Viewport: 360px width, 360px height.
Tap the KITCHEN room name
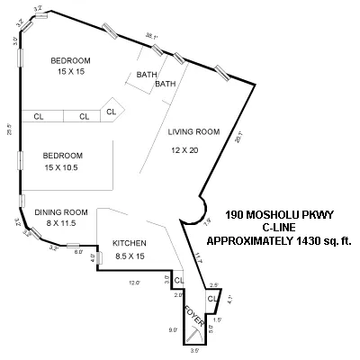click(x=130, y=244)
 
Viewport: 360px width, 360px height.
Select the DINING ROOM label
click(x=60, y=212)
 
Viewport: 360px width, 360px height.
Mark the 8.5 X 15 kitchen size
click(x=130, y=256)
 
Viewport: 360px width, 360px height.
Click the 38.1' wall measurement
click(x=152, y=37)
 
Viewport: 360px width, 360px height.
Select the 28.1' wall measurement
click(x=238, y=138)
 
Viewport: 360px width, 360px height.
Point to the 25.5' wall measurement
click(x=10, y=127)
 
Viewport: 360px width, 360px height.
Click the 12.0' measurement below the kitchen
click(x=134, y=283)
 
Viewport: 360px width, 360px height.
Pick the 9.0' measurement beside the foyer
click(x=172, y=329)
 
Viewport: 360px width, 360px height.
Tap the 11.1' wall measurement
click(x=199, y=258)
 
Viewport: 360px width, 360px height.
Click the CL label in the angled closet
click(x=111, y=112)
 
